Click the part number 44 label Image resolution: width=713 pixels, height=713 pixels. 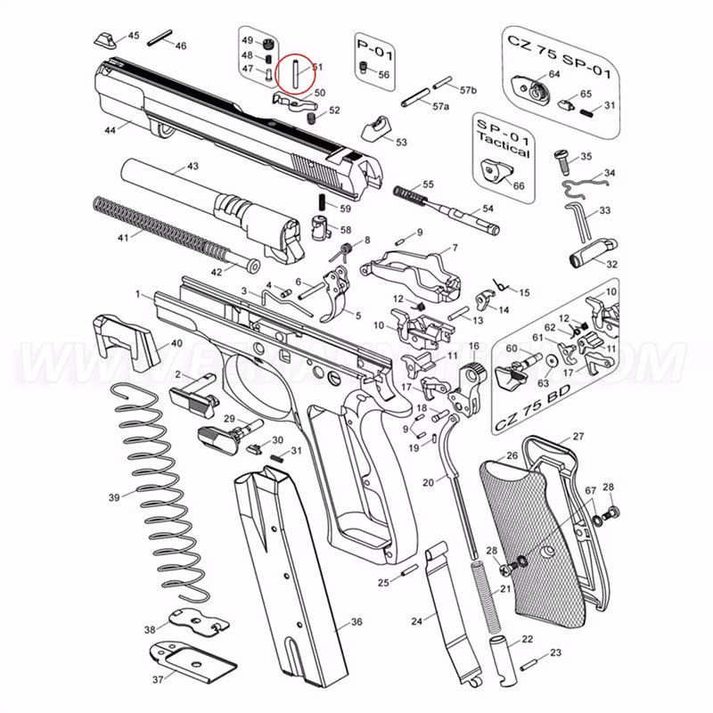111,130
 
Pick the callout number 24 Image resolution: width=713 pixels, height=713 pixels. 415,621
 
